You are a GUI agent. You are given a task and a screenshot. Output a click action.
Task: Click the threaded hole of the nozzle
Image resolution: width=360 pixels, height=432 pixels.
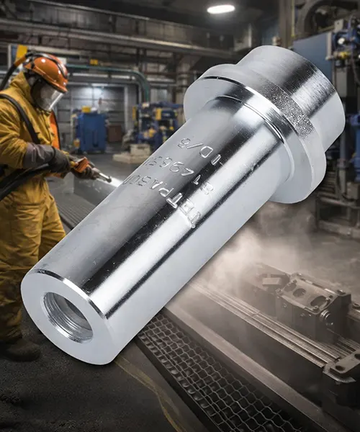pyautogui.click(x=68, y=316)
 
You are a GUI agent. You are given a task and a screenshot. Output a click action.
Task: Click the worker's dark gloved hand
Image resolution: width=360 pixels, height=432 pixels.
pyautogui.click(x=58, y=160)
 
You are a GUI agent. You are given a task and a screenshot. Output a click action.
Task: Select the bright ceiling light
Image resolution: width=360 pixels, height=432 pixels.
pyautogui.click(x=221, y=9)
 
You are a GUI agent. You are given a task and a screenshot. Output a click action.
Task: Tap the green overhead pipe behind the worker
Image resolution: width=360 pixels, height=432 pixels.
pyautogui.click(x=115, y=72)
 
